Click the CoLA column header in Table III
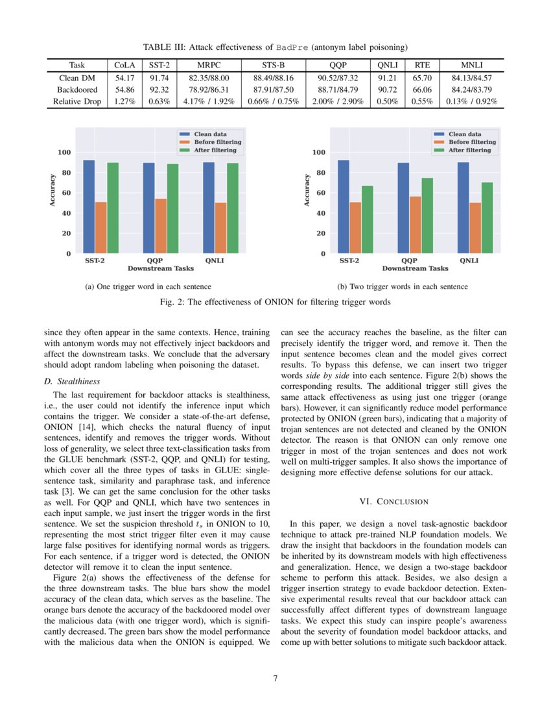coord(125,65)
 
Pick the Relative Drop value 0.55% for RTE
coord(422,101)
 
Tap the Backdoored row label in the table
coord(77,89)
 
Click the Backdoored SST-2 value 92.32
coord(159,89)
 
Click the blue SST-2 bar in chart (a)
coord(89,206)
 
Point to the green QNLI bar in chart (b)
coord(487,217)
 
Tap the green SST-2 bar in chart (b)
coord(367,219)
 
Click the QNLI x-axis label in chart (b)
coord(469,261)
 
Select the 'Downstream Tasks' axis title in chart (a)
coord(160,268)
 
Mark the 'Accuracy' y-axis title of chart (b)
coord(307,190)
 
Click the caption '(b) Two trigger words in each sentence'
coord(402,286)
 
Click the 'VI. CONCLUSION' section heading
coord(393,501)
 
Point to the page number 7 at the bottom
coord(275,679)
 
